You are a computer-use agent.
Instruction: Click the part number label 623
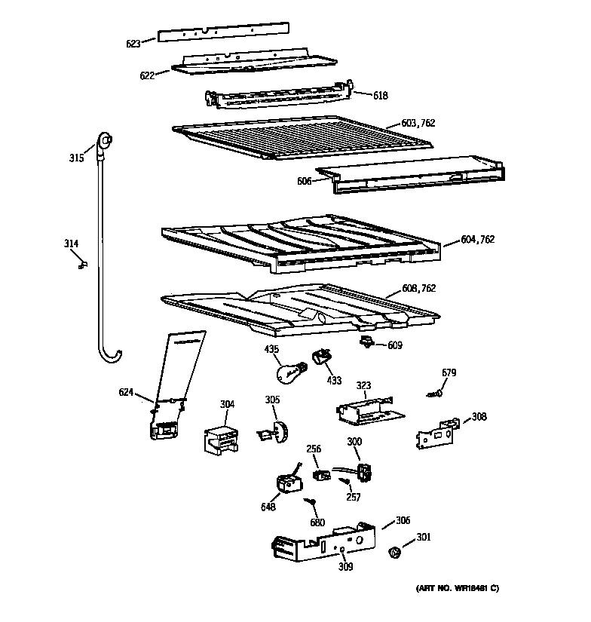point(133,44)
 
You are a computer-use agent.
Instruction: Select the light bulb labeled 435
point(289,372)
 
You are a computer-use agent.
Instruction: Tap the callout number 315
point(76,158)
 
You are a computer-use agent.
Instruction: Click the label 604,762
point(479,240)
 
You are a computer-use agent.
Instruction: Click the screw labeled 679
point(436,392)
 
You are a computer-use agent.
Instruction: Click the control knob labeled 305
point(277,432)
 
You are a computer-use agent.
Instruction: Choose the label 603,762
point(418,122)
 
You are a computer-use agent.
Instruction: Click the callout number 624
point(126,391)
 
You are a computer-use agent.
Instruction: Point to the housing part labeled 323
point(363,409)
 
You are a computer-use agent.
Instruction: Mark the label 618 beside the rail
point(381,95)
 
